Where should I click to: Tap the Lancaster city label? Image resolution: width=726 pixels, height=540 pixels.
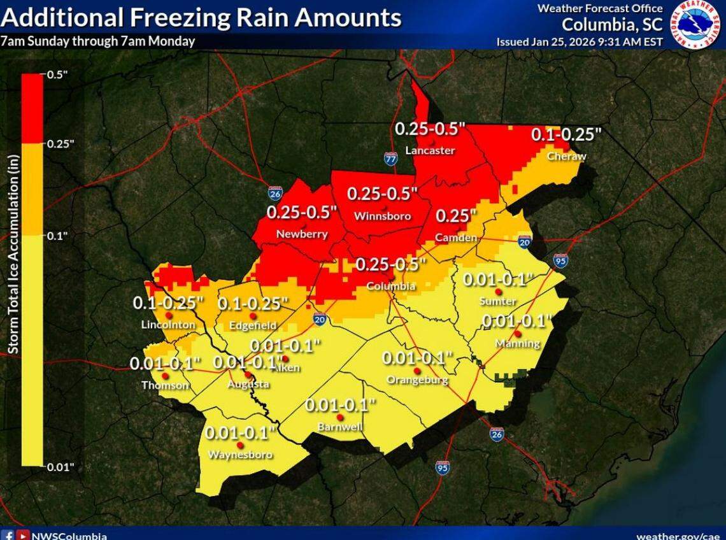coord(431,151)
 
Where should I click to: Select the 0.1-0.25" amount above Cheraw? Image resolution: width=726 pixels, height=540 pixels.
coord(566,134)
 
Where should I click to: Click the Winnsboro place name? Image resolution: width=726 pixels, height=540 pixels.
coord(382,217)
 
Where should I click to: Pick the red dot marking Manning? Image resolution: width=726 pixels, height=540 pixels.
coord(518,333)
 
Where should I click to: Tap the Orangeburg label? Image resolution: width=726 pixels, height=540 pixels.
coord(417,381)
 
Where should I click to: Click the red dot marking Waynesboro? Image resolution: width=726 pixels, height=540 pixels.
coord(240,445)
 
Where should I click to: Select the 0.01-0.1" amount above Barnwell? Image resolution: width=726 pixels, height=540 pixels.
coord(341,404)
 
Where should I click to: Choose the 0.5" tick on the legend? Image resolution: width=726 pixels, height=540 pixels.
coord(57,75)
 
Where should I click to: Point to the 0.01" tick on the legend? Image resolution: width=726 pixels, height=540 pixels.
coord(59,467)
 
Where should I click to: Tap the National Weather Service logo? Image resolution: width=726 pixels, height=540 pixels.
coord(695,24)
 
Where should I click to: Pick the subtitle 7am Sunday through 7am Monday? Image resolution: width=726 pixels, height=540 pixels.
coord(97,42)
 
